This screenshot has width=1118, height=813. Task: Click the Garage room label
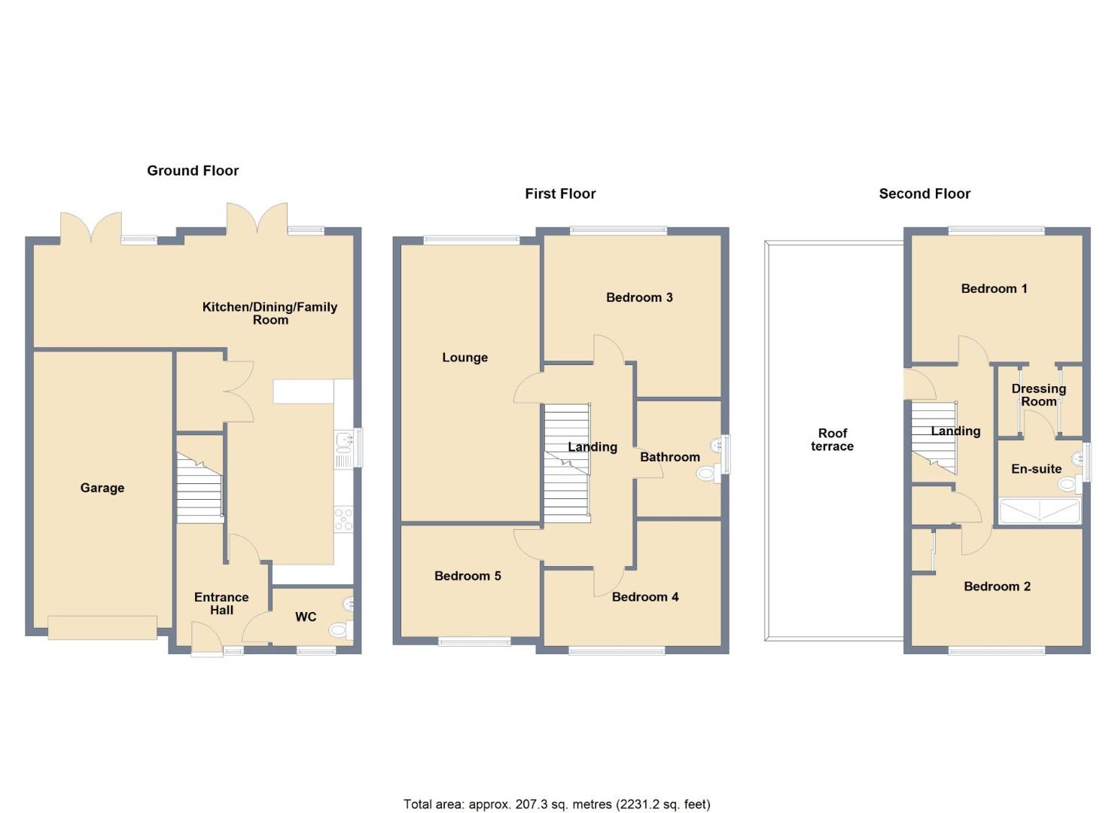click(102, 488)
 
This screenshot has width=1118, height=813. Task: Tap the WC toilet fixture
click(338, 630)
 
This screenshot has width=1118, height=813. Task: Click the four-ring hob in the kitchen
click(343, 519)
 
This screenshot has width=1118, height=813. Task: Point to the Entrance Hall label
click(221, 604)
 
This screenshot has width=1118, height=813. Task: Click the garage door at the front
click(102, 627)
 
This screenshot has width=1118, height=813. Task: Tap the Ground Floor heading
click(193, 171)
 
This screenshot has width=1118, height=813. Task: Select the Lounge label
click(465, 358)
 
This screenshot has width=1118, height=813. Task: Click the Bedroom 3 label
click(639, 297)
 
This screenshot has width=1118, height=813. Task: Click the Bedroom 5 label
click(468, 576)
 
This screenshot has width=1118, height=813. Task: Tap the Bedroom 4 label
click(645, 597)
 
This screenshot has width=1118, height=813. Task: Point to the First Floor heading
click(560, 193)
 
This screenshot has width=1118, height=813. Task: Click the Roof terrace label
click(832, 440)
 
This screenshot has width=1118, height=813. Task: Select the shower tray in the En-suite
click(1039, 511)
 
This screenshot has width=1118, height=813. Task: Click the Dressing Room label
click(1038, 394)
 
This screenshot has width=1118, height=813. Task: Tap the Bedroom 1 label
click(994, 288)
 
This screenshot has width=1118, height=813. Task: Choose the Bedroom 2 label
click(997, 586)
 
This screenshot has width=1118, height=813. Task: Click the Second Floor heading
click(925, 193)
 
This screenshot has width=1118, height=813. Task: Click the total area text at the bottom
click(557, 804)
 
